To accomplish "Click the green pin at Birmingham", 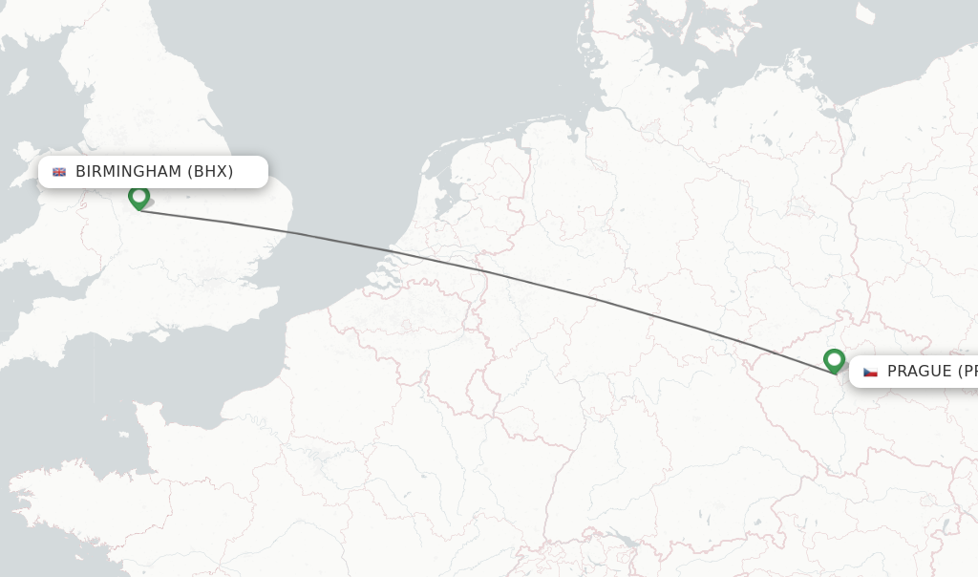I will (x=139, y=197).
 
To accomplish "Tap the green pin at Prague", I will (x=834, y=360).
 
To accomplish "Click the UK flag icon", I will (x=59, y=172).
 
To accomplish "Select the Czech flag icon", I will (x=870, y=372).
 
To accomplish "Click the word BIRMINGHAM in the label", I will (x=128, y=172).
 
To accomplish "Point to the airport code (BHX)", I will (x=210, y=172).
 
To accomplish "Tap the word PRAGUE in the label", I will (x=919, y=372).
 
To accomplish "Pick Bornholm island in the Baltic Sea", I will (x=864, y=13).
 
